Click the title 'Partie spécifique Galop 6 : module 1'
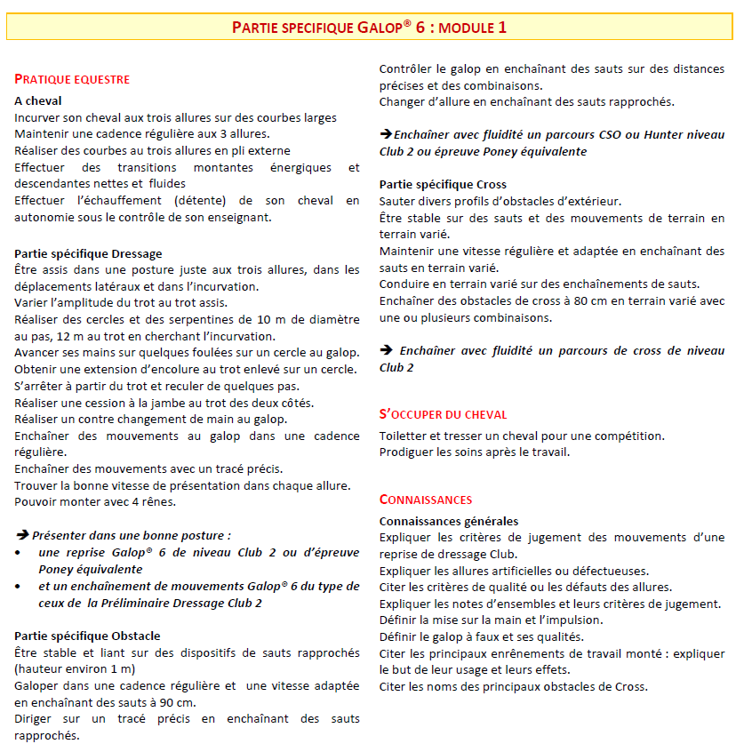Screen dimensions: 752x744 370,27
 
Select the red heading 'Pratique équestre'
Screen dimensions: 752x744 72,80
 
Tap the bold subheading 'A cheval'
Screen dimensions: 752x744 38,101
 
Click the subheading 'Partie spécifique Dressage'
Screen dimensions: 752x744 88,253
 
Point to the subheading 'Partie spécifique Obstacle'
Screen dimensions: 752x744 87,636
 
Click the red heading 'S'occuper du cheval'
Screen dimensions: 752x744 443,414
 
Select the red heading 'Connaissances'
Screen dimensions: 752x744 426,500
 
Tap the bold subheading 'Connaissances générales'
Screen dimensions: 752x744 449,521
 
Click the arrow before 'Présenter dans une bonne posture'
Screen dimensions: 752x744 22,535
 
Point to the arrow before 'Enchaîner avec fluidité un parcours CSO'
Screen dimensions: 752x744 386,134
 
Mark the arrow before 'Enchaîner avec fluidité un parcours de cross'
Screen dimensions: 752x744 386,351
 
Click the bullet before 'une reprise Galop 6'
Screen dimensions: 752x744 20,553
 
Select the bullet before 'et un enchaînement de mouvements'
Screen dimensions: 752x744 20,587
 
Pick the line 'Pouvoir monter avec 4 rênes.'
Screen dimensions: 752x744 95,501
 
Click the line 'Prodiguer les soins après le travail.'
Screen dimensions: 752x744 474,452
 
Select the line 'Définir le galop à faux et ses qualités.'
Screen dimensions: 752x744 481,636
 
